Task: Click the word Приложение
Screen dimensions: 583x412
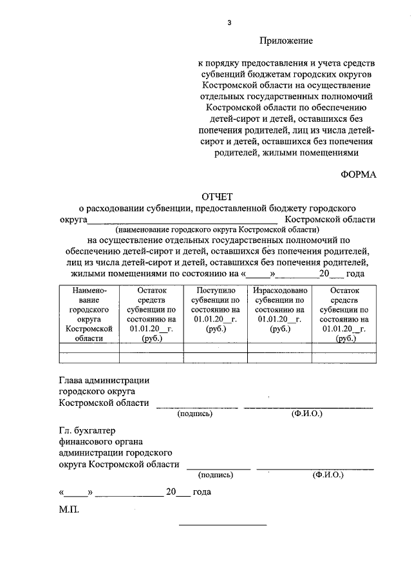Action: click(x=286, y=41)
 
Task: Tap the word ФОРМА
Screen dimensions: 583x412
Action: click(x=358, y=174)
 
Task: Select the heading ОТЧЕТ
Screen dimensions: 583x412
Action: click(x=220, y=196)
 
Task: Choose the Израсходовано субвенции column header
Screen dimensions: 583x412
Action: click(x=280, y=309)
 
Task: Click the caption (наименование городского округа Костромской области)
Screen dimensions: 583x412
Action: click(x=217, y=229)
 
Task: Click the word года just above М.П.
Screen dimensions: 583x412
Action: click(x=202, y=492)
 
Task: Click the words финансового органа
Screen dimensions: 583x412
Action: click(x=98, y=441)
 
